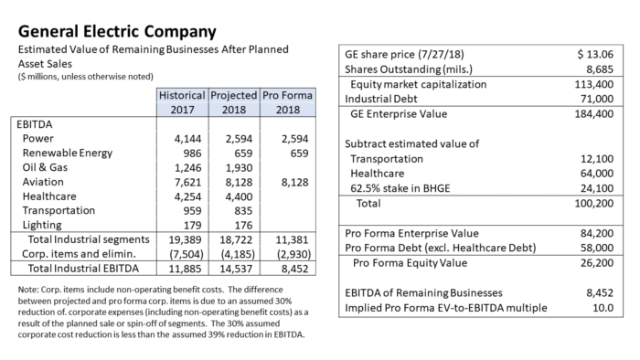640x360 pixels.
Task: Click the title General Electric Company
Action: click(117, 31)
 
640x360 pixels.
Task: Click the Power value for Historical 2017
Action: click(187, 139)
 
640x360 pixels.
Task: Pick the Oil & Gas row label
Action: click(45, 167)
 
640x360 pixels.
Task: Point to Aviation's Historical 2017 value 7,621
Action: click(187, 182)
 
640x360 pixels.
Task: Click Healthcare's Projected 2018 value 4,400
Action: click(239, 197)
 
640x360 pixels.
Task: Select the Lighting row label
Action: click(42, 225)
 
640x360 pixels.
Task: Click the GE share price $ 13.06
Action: click(595, 54)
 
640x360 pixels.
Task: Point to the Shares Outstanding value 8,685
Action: click(600, 69)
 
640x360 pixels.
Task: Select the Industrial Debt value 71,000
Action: click(597, 99)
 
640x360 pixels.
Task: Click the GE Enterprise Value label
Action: click(399, 113)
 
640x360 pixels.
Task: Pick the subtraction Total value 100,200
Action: click(594, 204)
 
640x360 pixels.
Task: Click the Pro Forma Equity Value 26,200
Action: click(597, 263)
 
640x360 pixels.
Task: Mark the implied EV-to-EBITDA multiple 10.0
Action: click(603, 308)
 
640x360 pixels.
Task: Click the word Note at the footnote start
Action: click(27, 290)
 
